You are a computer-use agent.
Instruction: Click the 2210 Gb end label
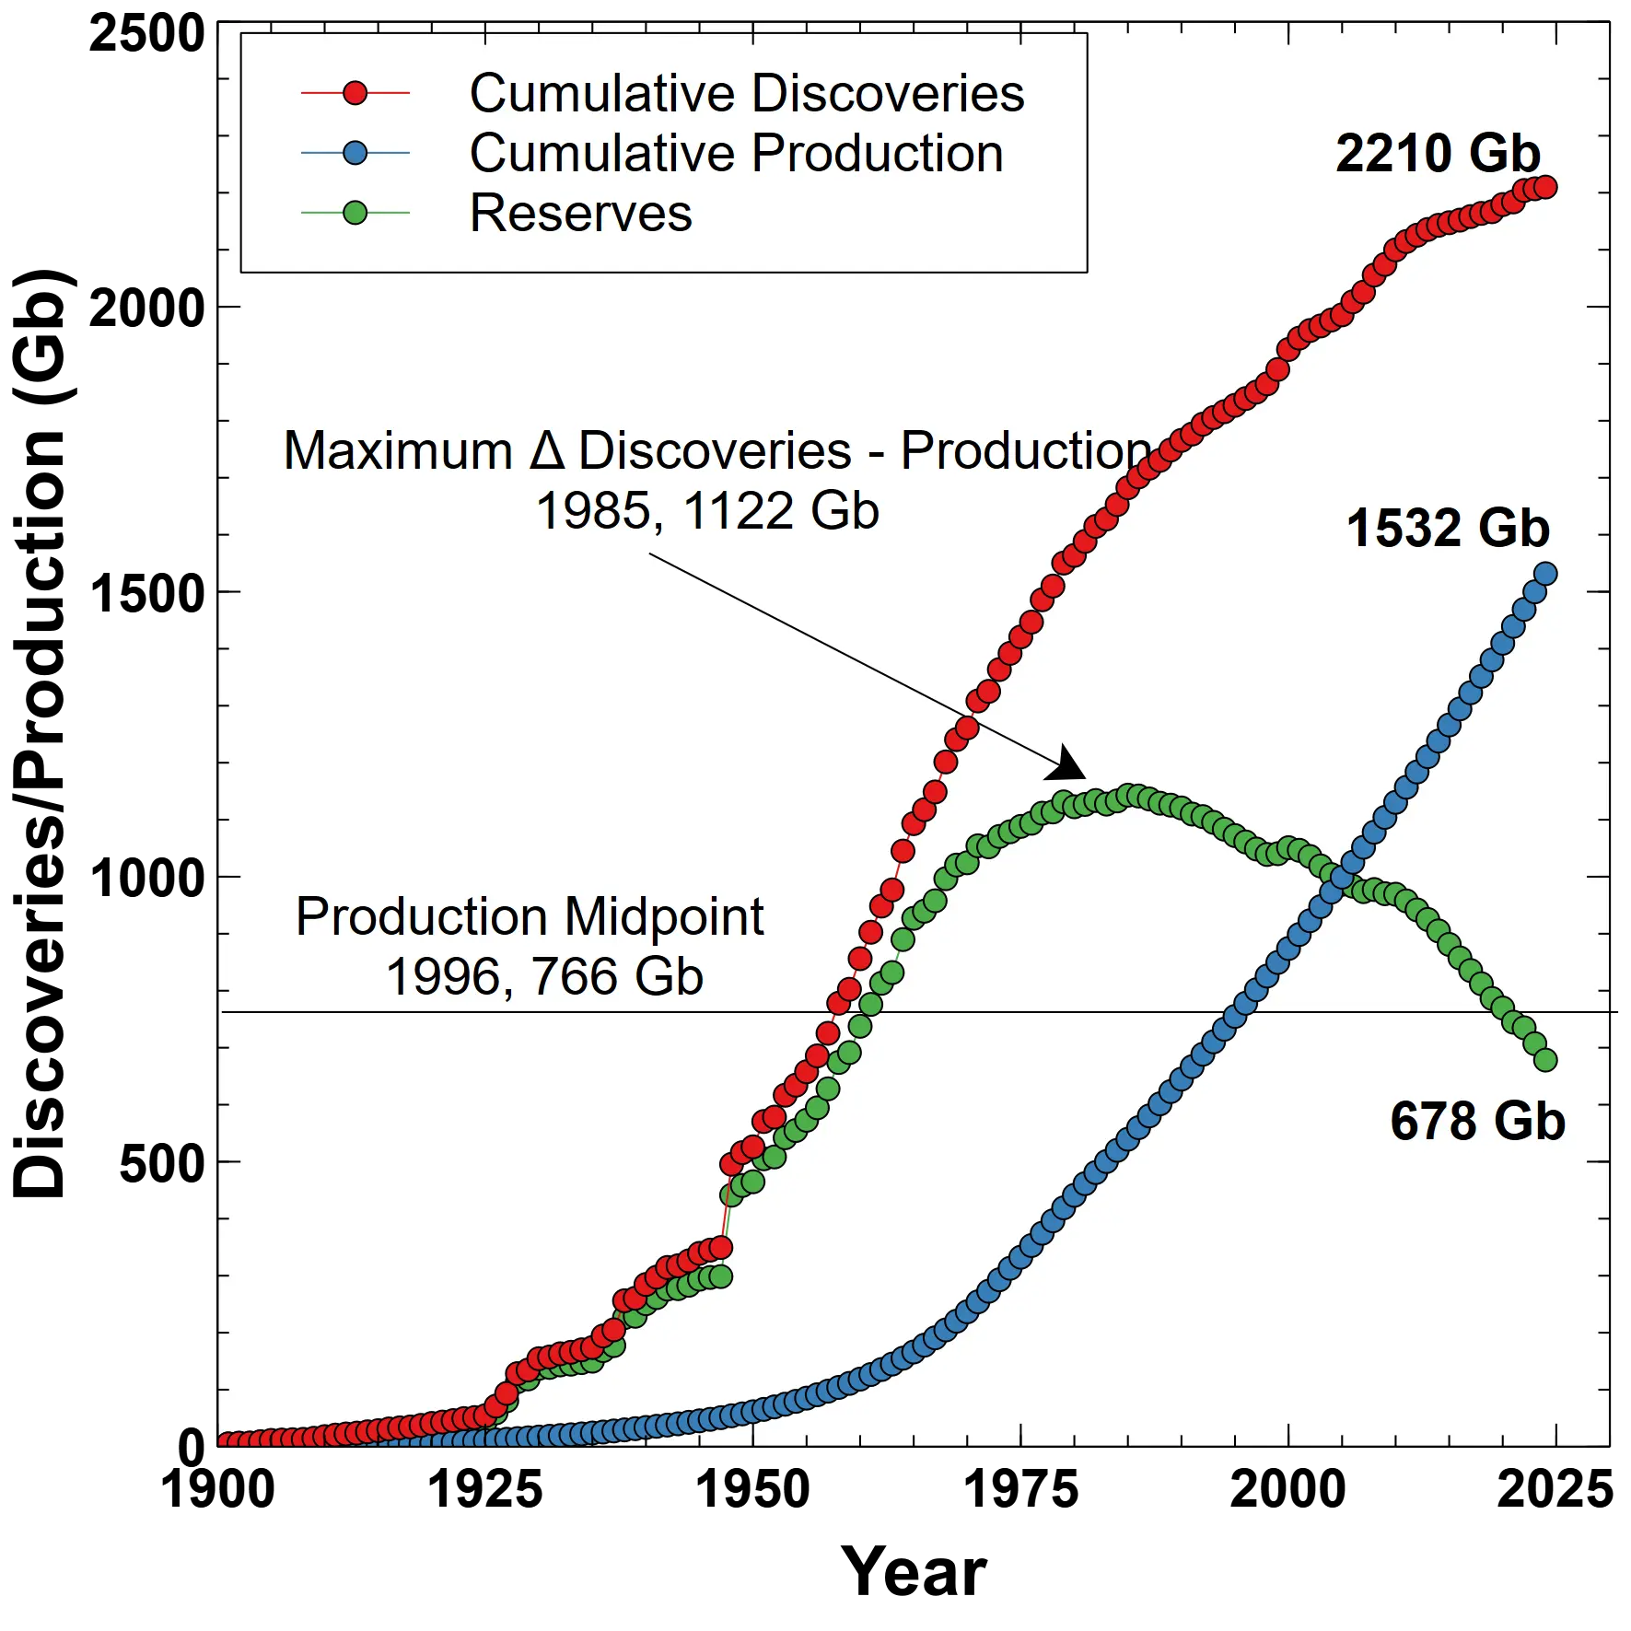point(1438,154)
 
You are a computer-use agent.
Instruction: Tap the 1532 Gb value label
point(1448,529)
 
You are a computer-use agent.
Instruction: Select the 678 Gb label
point(1477,1122)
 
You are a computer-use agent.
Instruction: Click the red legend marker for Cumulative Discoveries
point(355,93)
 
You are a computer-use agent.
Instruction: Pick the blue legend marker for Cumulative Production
point(355,154)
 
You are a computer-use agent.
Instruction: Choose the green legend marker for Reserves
point(355,214)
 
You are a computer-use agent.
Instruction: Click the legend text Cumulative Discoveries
point(746,93)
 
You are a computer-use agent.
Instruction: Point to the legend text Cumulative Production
point(736,154)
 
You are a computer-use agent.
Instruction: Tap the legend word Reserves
point(580,214)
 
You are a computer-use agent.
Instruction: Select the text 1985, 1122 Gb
point(707,511)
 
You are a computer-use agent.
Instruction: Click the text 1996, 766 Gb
point(544,977)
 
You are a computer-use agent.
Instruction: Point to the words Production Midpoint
point(530,917)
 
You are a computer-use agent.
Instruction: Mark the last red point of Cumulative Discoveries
point(1546,187)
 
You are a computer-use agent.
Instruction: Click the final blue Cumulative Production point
point(1546,574)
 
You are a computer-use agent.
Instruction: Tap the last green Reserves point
point(1546,1060)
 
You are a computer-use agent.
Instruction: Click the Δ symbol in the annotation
point(547,451)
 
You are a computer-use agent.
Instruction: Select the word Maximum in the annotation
point(398,451)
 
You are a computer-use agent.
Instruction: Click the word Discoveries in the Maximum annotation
point(715,451)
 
